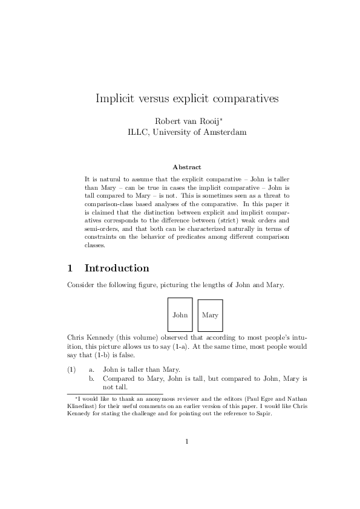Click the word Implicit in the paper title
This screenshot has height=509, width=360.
click(x=115, y=99)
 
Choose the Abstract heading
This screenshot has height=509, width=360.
click(x=187, y=166)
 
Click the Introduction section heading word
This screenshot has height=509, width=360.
click(x=117, y=268)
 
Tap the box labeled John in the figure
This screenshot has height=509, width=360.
click(x=180, y=315)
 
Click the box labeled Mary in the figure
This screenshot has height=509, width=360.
click(x=210, y=316)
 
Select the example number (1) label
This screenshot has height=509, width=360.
click(x=72, y=369)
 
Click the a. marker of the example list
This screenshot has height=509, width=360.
click(x=92, y=369)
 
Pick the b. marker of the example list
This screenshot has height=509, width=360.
click(x=92, y=378)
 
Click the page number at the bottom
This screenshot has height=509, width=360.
click(x=187, y=457)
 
